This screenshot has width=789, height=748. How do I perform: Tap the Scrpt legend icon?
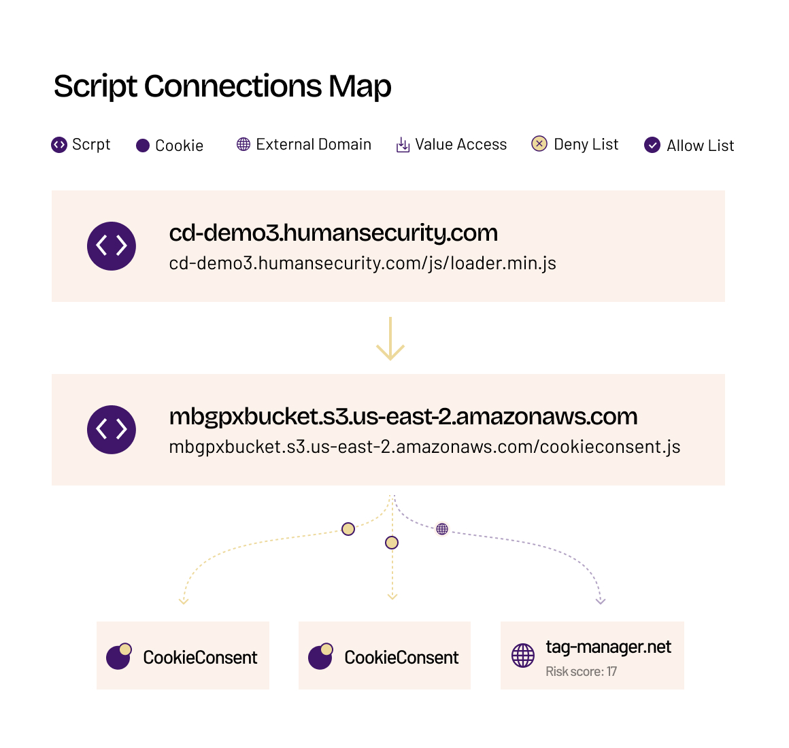pyautogui.click(x=59, y=145)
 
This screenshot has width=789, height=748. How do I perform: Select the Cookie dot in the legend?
pyautogui.click(x=143, y=146)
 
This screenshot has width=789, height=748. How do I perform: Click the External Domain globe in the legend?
pyautogui.click(x=244, y=144)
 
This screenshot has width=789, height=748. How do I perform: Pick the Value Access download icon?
pyautogui.click(x=403, y=145)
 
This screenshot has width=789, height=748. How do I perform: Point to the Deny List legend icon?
pyautogui.click(x=539, y=144)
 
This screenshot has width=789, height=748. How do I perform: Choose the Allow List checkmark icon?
pyautogui.click(x=652, y=146)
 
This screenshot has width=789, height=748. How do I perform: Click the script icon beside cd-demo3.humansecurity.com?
pyautogui.click(x=111, y=246)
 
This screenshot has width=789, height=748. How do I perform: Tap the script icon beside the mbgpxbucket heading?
pyautogui.click(x=111, y=430)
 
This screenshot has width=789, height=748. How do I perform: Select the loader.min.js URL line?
pyautogui.click(x=363, y=264)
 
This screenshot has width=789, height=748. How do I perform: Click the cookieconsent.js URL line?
pyautogui.click(x=424, y=447)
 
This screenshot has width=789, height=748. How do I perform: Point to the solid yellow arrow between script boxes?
pyautogui.click(x=390, y=339)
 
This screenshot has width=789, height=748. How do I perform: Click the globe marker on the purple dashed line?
pyautogui.click(x=442, y=528)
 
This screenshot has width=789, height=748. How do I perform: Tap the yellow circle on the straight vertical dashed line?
pyautogui.click(x=392, y=543)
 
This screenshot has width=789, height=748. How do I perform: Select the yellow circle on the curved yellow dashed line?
pyautogui.click(x=348, y=529)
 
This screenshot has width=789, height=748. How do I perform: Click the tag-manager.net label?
pyautogui.click(x=608, y=647)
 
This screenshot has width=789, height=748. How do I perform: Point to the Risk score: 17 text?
pyautogui.click(x=581, y=672)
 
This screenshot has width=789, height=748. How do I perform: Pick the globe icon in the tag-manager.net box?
pyautogui.click(x=523, y=656)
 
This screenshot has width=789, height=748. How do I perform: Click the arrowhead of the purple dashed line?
pyautogui.click(x=601, y=601)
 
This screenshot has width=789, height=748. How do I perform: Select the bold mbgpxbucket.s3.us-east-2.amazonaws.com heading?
pyautogui.click(x=403, y=417)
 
